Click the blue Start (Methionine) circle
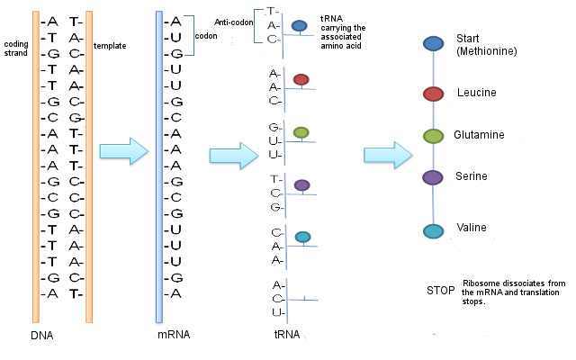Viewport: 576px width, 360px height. [x=433, y=44]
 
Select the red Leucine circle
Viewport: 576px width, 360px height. [x=433, y=93]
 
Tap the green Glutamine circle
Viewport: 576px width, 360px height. [x=433, y=135]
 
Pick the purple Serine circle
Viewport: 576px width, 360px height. [x=433, y=177]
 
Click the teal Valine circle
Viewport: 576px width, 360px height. [x=433, y=231]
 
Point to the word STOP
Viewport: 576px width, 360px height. [x=441, y=291]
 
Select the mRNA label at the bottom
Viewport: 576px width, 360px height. [x=175, y=336]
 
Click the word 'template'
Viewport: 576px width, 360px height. [x=110, y=44]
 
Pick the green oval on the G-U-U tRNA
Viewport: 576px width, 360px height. [x=301, y=133]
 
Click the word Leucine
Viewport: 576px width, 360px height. [x=476, y=93]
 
